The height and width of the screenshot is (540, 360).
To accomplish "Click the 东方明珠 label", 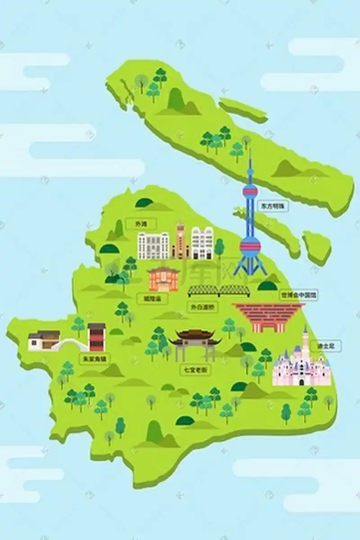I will coord(272,206).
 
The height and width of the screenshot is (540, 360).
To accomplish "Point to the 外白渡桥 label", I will coord(202,307).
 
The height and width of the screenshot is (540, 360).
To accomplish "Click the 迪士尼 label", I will coord(328,346).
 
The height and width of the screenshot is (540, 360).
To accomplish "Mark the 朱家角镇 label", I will coord(94,359).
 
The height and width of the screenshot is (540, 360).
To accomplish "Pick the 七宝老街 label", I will coord(196,370).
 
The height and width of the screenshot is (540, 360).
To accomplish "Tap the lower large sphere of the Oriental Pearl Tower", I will coord(250,246).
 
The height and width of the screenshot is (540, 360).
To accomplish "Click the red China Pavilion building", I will coord(269,316).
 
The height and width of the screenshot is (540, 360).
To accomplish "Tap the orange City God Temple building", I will coord(163,279).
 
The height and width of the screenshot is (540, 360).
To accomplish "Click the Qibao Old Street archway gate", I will coord(195,344).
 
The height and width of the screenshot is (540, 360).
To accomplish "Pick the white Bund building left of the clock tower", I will coord(153,246).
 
